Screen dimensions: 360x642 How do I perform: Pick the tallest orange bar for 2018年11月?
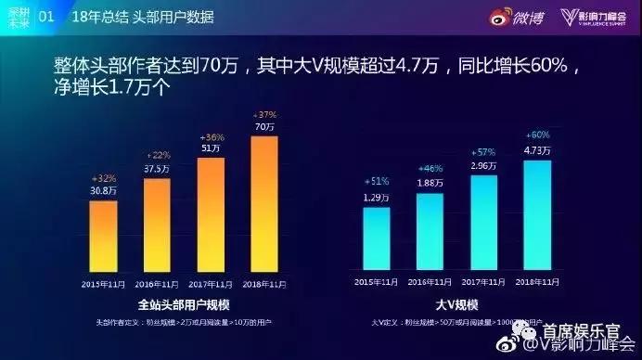(x=264, y=202)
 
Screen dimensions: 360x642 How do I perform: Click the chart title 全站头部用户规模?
(x=182, y=304)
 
